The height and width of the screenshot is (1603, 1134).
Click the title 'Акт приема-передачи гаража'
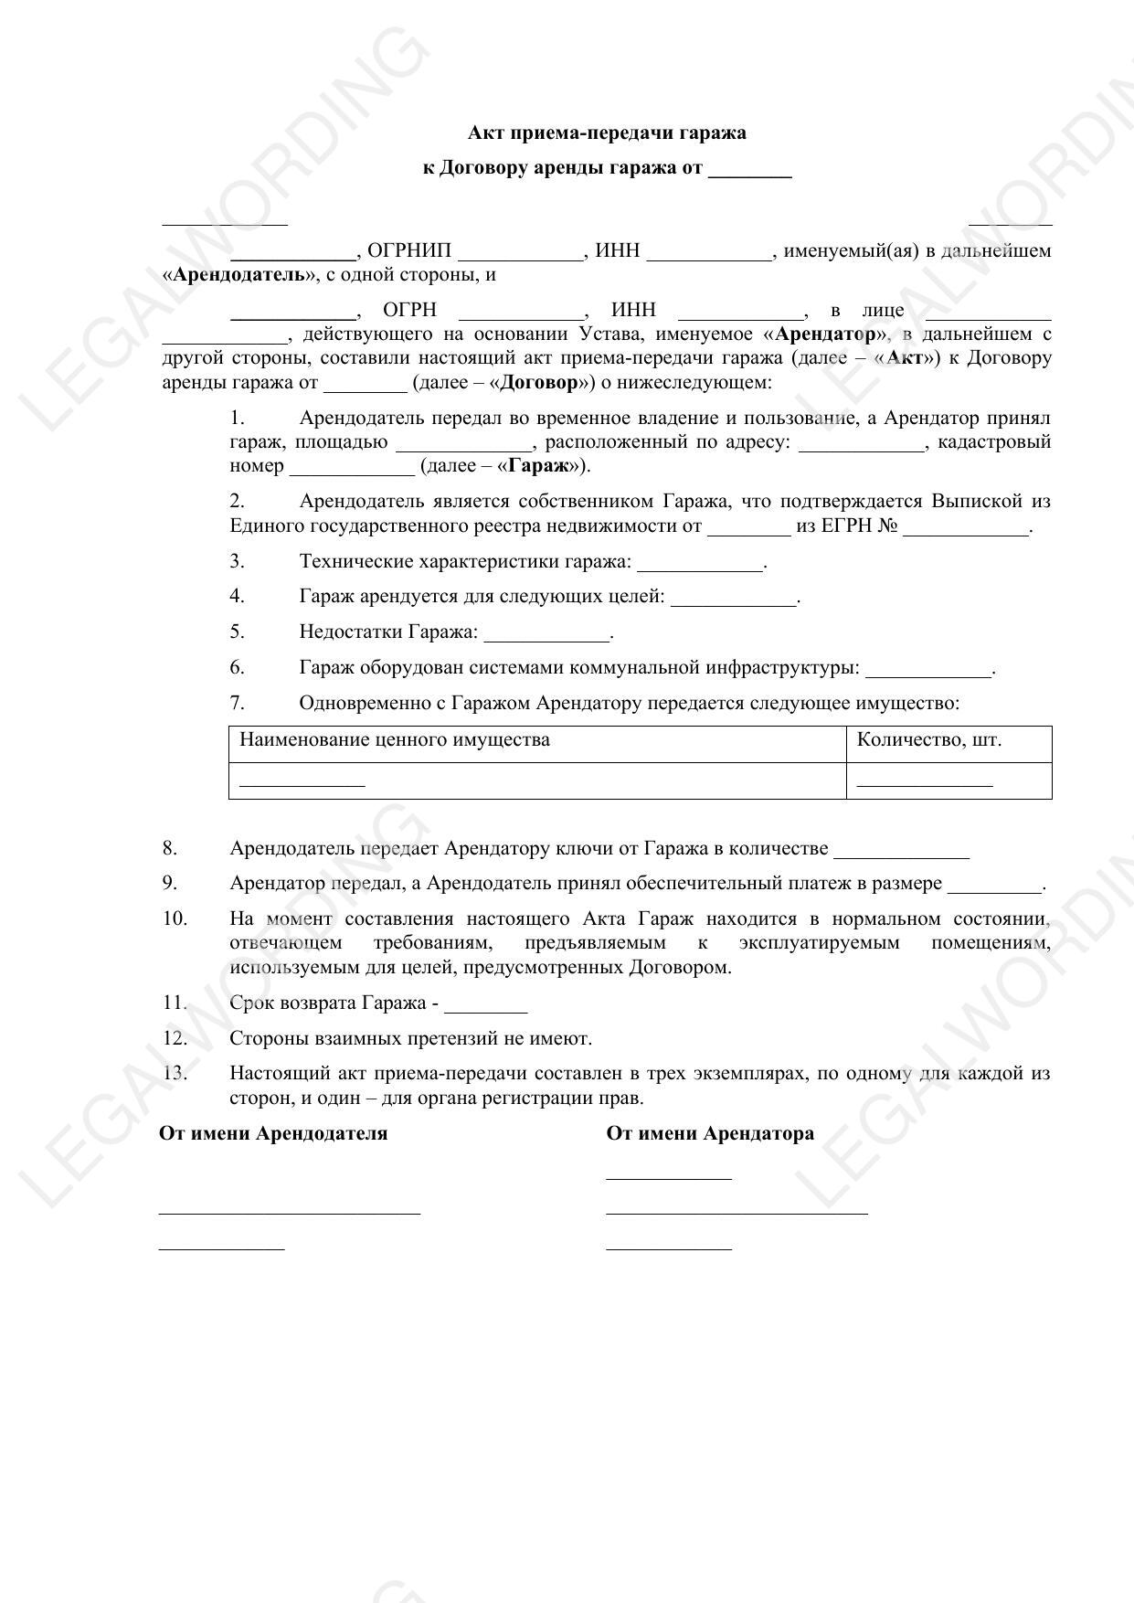(x=607, y=133)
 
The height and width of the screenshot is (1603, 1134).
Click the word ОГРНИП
(x=408, y=251)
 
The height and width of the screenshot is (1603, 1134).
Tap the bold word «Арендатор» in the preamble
(x=824, y=334)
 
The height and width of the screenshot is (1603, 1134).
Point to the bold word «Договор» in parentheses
(x=538, y=383)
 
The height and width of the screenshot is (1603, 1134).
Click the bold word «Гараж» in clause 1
(x=544, y=466)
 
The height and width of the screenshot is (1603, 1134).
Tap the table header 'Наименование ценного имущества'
(x=395, y=740)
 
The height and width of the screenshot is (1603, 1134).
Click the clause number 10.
(x=175, y=919)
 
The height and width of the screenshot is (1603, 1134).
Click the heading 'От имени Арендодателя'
(x=273, y=1134)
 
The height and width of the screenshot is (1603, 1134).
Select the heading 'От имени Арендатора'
(x=710, y=1134)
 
